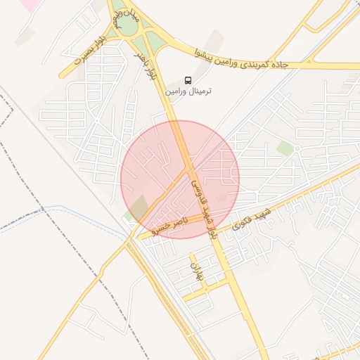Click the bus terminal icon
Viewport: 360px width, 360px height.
point(188,79)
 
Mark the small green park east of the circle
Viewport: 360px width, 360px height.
point(285,148)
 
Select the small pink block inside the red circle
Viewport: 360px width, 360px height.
point(222,199)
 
